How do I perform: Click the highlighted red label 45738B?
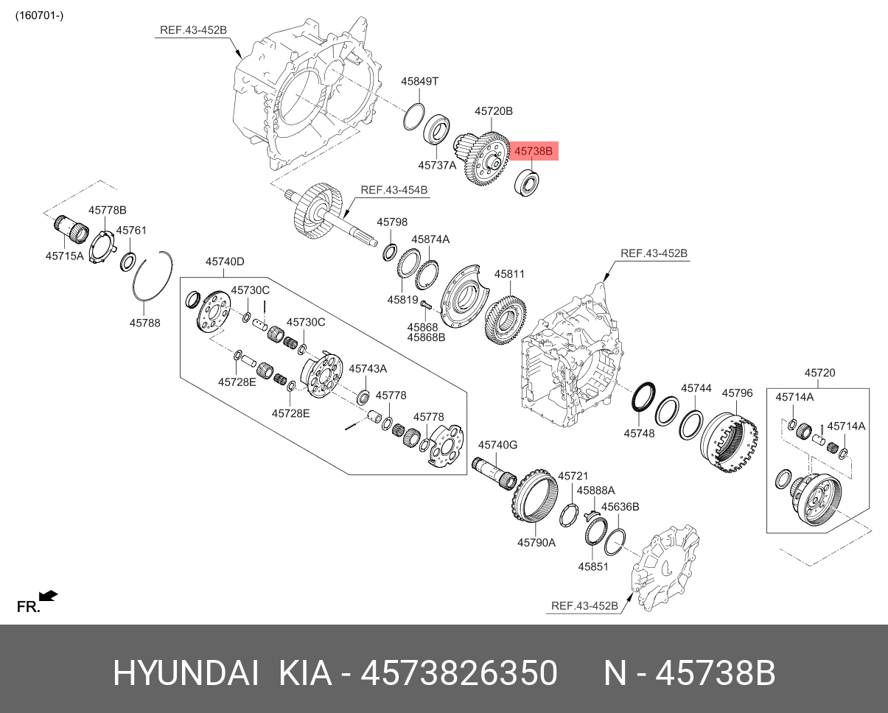click(x=533, y=151)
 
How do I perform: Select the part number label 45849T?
click(x=420, y=81)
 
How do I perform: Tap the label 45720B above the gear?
click(x=493, y=111)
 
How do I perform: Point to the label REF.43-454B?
click(x=394, y=189)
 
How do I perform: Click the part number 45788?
click(x=144, y=322)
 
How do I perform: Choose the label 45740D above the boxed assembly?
click(x=225, y=261)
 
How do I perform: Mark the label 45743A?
click(x=368, y=368)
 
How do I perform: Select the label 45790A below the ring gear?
click(x=536, y=542)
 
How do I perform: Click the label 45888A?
click(x=595, y=490)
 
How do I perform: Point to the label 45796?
click(x=737, y=393)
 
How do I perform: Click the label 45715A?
click(x=65, y=256)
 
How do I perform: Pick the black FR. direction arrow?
click(x=49, y=595)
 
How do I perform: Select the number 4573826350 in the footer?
click(x=458, y=673)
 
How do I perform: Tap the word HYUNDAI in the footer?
click(x=186, y=673)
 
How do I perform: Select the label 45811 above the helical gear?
click(x=509, y=274)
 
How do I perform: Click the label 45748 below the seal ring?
click(x=639, y=434)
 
